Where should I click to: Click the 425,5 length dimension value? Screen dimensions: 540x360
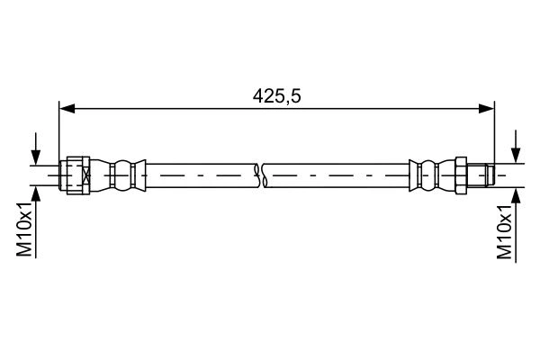tap(276, 96)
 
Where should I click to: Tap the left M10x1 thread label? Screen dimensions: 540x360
tap(25, 229)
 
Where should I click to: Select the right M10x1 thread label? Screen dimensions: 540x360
tap(505, 231)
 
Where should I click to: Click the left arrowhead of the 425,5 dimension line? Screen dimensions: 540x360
tap(67, 109)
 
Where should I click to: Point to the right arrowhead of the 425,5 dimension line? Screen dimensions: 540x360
tap(486, 109)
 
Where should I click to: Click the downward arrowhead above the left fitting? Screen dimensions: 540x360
tap(36, 157)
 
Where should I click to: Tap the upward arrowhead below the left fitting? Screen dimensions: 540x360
tap(36, 193)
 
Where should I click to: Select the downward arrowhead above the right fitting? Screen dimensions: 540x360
tap(516, 155)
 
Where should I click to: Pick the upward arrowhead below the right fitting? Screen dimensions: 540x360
tap(516, 196)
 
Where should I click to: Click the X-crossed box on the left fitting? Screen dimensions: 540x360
tap(86, 175)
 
